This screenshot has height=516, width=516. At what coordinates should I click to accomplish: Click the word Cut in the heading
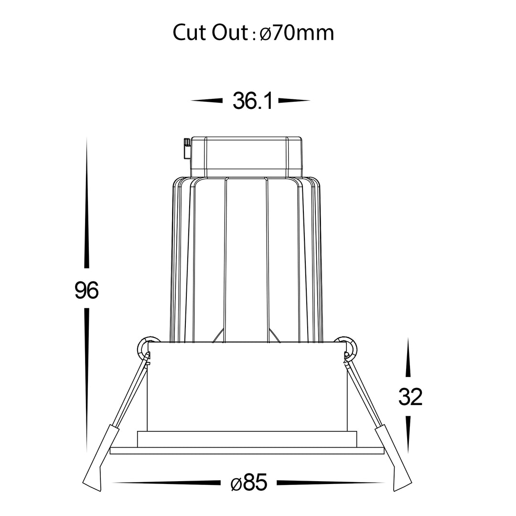190,33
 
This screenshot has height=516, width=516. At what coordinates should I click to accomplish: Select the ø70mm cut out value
297,33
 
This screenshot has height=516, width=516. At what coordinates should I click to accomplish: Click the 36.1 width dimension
253,101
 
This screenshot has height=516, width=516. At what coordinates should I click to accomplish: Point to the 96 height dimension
86,290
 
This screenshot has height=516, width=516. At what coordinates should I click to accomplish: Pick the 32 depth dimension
410,397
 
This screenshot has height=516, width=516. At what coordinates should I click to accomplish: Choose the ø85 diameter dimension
249,483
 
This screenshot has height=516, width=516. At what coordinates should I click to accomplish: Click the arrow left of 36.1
207,100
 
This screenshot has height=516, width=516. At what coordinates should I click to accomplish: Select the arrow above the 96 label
86,203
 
